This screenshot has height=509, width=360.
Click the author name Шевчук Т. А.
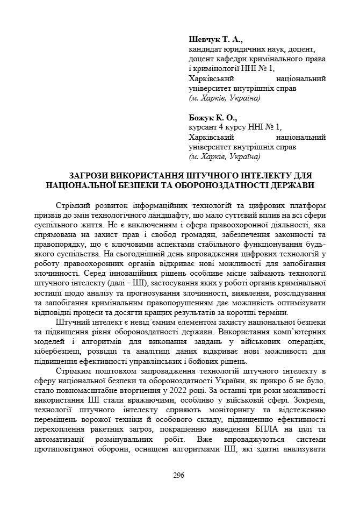(x=215, y=40)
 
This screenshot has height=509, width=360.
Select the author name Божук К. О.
(x=213, y=118)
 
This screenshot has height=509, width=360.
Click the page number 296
(x=179, y=475)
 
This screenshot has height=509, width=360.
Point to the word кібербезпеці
(x=62, y=352)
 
